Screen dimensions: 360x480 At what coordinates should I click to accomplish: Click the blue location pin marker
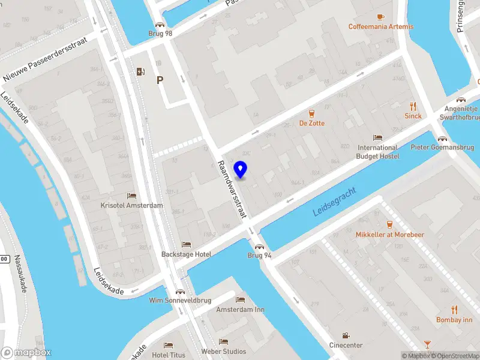click(x=241, y=169)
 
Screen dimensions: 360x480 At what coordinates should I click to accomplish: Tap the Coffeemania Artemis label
click(x=380, y=26)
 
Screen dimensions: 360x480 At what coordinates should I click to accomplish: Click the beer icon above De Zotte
click(x=312, y=113)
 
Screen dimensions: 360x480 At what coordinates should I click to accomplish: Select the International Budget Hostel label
click(x=377, y=152)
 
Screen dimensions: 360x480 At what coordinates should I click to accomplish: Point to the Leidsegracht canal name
click(x=335, y=202)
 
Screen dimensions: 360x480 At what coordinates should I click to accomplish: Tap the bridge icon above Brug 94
click(x=260, y=246)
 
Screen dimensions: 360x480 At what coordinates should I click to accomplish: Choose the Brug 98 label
click(x=160, y=34)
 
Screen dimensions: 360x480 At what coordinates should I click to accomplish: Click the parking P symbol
click(x=160, y=79)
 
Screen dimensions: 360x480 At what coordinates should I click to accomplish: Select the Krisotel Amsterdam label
click(x=131, y=205)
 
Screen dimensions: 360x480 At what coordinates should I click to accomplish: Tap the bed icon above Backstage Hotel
click(x=186, y=245)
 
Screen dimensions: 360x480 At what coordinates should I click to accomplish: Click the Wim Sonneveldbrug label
click(x=180, y=300)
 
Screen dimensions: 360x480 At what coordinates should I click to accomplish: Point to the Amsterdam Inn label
click(x=240, y=310)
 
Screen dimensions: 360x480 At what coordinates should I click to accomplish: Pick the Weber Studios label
click(x=223, y=352)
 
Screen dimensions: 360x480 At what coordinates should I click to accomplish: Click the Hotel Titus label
click(x=168, y=355)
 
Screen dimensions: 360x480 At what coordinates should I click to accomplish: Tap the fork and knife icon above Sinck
click(x=413, y=106)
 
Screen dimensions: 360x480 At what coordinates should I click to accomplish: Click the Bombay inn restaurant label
click(x=454, y=320)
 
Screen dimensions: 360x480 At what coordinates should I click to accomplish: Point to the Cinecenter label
click(x=346, y=345)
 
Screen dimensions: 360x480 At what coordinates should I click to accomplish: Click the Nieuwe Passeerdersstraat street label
click(x=45, y=59)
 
